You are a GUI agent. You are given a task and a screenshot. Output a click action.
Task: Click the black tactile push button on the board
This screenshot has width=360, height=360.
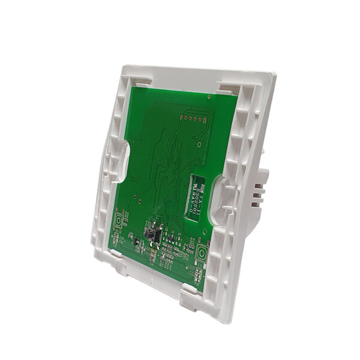[150, 234]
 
